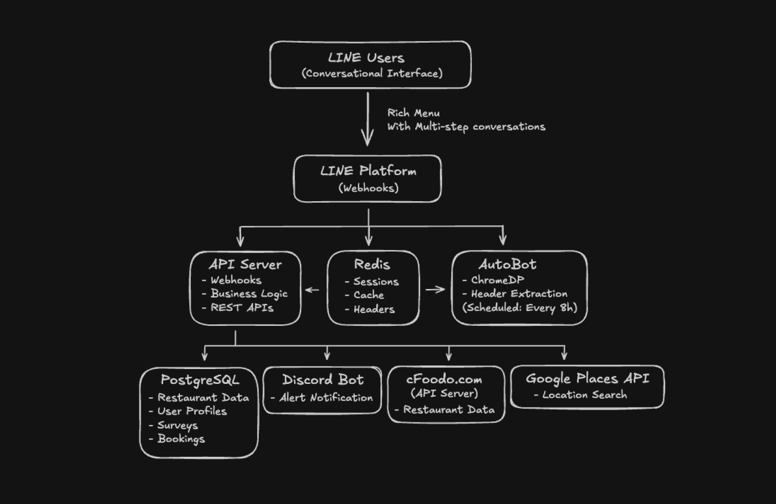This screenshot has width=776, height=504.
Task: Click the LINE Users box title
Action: (366, 58)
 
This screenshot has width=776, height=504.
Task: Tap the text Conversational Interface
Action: (372, 73)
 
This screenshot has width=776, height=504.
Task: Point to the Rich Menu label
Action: (413, 113)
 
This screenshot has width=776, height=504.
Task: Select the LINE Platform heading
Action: (368, 171)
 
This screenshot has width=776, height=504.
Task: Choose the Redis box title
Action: (372, 264)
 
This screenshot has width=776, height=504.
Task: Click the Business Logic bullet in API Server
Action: (248, 294)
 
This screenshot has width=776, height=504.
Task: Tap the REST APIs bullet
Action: (242, 307)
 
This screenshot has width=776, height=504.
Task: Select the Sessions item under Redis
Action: (376, 281)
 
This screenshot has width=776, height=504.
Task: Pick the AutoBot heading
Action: (507, 264)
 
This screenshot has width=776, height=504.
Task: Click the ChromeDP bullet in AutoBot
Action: (497, 280)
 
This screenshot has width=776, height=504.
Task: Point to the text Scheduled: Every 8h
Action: (519, 307)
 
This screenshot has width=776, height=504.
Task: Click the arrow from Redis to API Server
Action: (312, 290)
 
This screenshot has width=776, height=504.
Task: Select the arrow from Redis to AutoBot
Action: (435, 289)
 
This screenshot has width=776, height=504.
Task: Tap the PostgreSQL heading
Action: (200, 380)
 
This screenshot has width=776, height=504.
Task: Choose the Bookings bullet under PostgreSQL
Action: (181, 439)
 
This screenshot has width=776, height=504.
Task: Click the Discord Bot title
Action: (323, 380)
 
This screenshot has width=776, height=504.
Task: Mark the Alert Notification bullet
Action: (326, 397)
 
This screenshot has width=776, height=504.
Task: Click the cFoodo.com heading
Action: (444, 379)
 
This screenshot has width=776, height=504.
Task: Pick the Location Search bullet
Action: (584, 395)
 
